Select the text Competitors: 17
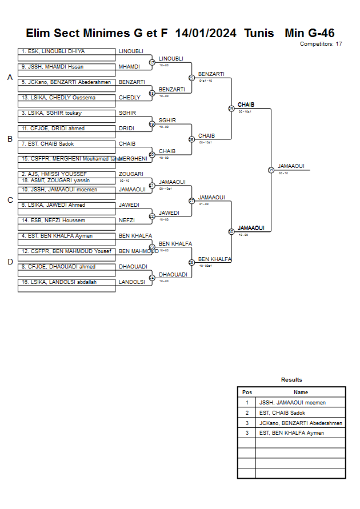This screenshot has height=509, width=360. click(x=321, y=44)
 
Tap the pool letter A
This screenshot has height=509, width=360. click(x=10, y=78)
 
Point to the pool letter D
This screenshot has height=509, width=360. click(x=10, y=262)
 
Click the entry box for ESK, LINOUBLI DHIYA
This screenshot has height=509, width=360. click(x=67, y=51)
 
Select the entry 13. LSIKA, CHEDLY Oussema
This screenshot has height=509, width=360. click(x=67, y=98)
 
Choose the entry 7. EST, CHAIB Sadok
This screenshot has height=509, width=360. click(x=67, y=144)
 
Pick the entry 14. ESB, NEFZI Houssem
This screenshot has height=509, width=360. click(x=67, y=221)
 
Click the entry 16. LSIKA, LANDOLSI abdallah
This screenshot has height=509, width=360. click(x=67, y=282)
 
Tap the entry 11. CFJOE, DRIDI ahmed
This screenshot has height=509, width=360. click(x=67, y=129)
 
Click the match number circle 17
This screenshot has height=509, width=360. click(x=152, y=62)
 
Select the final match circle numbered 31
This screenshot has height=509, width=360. click(x=271, y=170)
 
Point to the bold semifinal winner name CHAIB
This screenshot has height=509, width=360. click(x=246, y=105)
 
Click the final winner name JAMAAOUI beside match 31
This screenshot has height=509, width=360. click(x=291, y=166)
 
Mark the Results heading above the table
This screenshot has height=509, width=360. click(x=291, y=380)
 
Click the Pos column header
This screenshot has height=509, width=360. click(x=247, y=392)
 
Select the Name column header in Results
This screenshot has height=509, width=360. click(x=301, y=392)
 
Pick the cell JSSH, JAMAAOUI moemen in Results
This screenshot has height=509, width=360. click(x=292, y=403)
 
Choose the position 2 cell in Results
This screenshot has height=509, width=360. click(x=247, y=412)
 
